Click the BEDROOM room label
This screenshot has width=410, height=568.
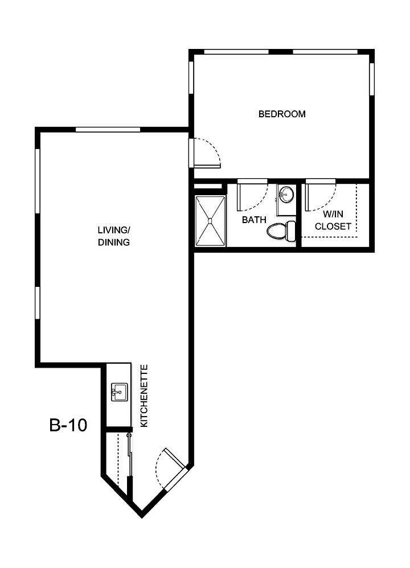pos(282,114)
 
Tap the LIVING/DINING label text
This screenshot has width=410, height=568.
pos(114,236)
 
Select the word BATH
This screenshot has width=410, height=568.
pos(254,219)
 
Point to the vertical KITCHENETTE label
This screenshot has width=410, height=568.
pos(144,396)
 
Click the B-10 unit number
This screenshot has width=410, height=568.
pos(68,425)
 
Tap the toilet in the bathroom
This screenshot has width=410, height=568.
pos(281,231)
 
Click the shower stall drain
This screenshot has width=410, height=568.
pos(211,221)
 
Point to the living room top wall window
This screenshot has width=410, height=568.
pos(108,130)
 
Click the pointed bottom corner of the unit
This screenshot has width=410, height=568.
pos(142,515)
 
